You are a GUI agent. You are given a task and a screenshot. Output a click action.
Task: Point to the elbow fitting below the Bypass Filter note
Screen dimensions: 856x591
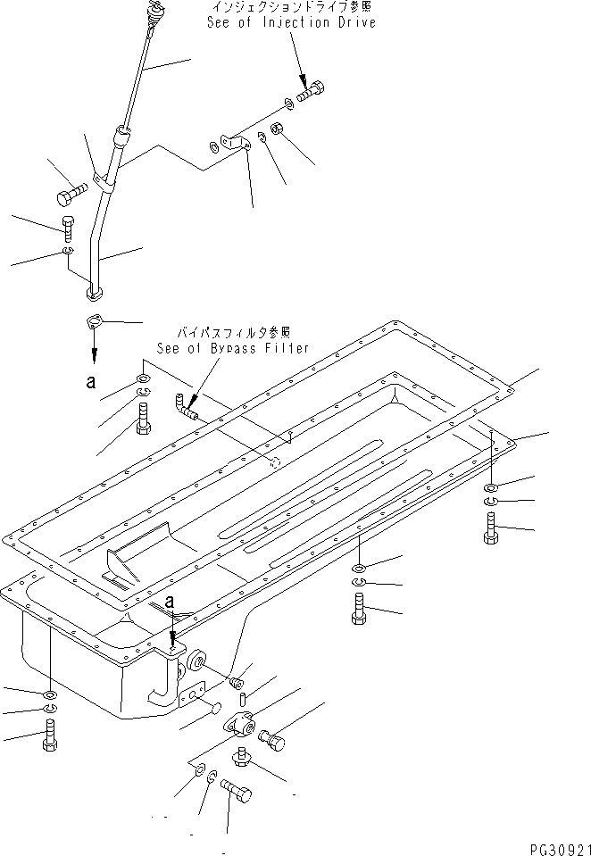point(187,409)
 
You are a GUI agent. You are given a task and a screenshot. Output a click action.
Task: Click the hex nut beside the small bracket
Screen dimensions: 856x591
point(277,131)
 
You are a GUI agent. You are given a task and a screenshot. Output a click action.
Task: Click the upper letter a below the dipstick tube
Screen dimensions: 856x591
point(91,382)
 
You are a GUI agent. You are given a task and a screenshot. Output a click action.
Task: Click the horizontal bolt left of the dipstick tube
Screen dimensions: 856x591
point(71,192)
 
